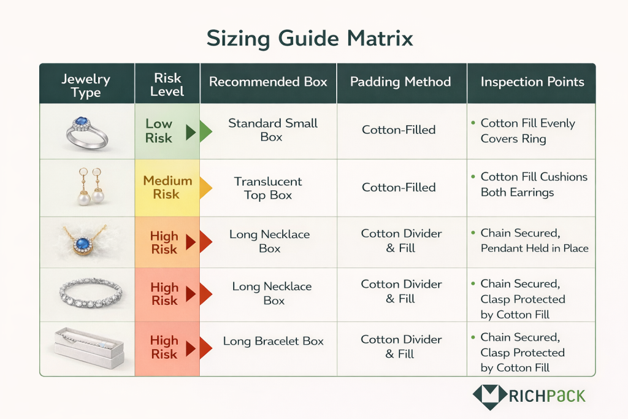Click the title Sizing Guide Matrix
click(309, 38)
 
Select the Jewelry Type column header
click(86, 86)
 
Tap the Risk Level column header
click(167, 85)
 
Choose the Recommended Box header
click(268, 82)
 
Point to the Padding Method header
click(400, 82)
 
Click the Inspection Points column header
click(532, 82)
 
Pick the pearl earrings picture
click(88, 188)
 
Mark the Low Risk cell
click(159, 131)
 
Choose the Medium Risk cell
click(167, 187)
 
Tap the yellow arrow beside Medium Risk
click(204, 188)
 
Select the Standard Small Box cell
click(272, 130)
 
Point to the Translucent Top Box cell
click(268, 188)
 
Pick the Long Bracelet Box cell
click(273, 342)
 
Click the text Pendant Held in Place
click(534, 248)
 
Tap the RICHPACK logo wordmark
click(546, 395)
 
